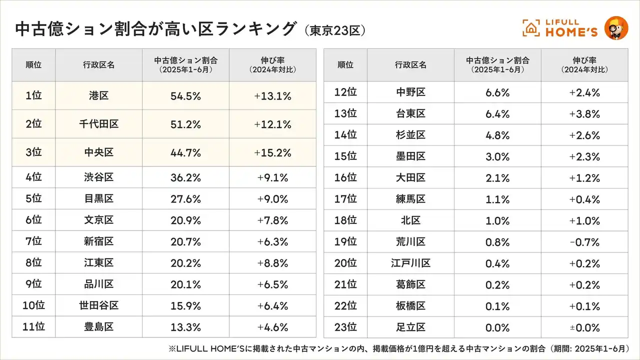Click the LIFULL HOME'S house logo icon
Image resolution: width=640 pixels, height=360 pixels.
(531, 28)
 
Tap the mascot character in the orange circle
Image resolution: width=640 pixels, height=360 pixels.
(616, 28)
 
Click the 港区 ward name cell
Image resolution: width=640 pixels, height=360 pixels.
(99, 96)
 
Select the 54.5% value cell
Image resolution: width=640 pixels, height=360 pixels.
(186, 96)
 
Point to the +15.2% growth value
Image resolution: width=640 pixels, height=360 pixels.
(272, 152)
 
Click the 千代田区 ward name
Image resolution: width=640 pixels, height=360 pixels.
(99, 124)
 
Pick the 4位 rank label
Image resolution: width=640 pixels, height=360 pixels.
(33, 177)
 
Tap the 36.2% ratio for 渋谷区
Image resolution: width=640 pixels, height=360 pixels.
(186, 177)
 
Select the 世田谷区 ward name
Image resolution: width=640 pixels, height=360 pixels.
(99, 305)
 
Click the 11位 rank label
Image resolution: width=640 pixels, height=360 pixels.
(33, 327)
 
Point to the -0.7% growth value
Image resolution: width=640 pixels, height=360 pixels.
(584, 242)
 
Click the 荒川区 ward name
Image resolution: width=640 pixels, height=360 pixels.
(410, 242)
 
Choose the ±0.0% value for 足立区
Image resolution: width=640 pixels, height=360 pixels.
(584, 327)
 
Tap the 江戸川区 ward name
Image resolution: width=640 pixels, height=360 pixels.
(410, 263)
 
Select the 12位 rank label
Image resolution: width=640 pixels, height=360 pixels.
(345, 92)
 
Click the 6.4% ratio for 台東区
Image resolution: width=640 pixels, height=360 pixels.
(497, 114)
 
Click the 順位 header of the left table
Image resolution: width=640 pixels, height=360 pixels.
(33, 65)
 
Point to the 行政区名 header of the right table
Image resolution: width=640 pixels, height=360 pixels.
(410, 65)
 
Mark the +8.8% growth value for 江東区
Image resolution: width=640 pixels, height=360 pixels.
(272, 262)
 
